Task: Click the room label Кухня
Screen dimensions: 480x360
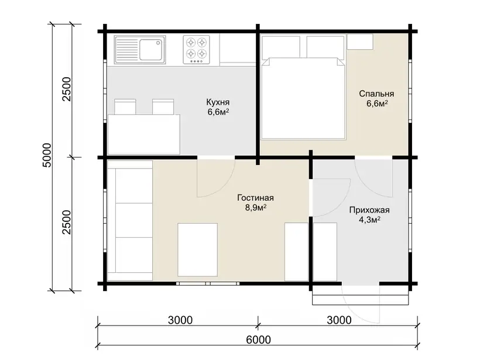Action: tap(218, 102)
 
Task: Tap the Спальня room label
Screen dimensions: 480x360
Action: tap(376, 94)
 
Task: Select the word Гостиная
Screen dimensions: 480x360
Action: tap(255, 198)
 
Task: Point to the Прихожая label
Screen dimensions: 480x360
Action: tap(369, 210)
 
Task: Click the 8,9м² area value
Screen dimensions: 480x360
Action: tap(256, 208)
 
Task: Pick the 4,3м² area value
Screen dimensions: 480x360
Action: tap(369, 220)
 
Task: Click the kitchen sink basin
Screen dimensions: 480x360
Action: tap(151, 50)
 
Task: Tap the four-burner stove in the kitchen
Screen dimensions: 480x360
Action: tap(197, 50)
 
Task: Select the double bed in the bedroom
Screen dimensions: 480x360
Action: tap(303, 98)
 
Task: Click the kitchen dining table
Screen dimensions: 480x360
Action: tap(143, 135)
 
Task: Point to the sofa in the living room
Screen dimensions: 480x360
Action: tap(130, 221)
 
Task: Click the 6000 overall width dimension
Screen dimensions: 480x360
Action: tap(258, 340)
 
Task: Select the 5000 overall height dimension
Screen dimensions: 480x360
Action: tap(47, 155)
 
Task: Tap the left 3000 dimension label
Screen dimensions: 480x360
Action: tap(180, 320)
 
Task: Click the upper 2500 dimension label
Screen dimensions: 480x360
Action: tap(66, 90)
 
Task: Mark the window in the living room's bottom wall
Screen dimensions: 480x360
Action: tap(208, 284)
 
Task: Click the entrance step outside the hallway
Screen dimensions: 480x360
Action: tap(361, 296)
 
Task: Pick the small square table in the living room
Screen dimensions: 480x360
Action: tap(198, 250)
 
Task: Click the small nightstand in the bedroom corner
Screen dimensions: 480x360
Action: tap(360, 42)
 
